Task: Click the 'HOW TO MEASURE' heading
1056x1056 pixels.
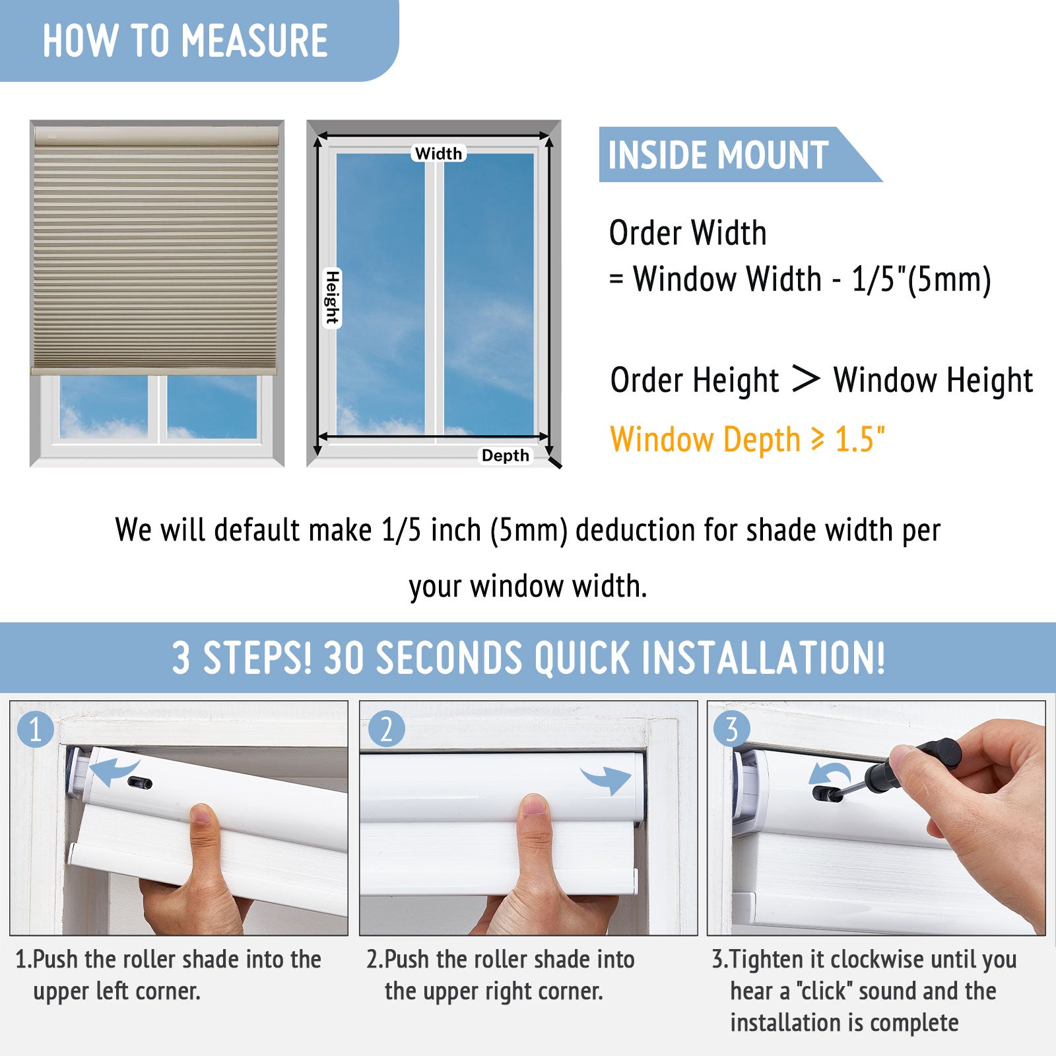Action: [185, 41]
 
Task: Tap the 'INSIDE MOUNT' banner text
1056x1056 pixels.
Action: [718, 155]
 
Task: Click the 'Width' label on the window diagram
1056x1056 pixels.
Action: [439, 153]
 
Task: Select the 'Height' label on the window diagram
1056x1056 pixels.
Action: [332, 298]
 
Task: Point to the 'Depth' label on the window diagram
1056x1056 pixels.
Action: [506, 455]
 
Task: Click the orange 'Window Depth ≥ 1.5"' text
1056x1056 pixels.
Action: [748, 440]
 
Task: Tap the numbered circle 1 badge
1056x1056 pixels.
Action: [35, 729]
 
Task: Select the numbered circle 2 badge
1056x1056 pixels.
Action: [386, 729]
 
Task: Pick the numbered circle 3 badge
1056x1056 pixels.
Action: [731, 729]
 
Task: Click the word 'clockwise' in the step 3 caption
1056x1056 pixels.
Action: [873, 959]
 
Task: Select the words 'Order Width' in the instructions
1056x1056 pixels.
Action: [688, 233]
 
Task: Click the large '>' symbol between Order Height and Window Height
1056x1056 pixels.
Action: [805, 379]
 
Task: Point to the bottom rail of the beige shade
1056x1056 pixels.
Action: [154, 371]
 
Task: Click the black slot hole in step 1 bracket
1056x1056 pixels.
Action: [140, 783]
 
